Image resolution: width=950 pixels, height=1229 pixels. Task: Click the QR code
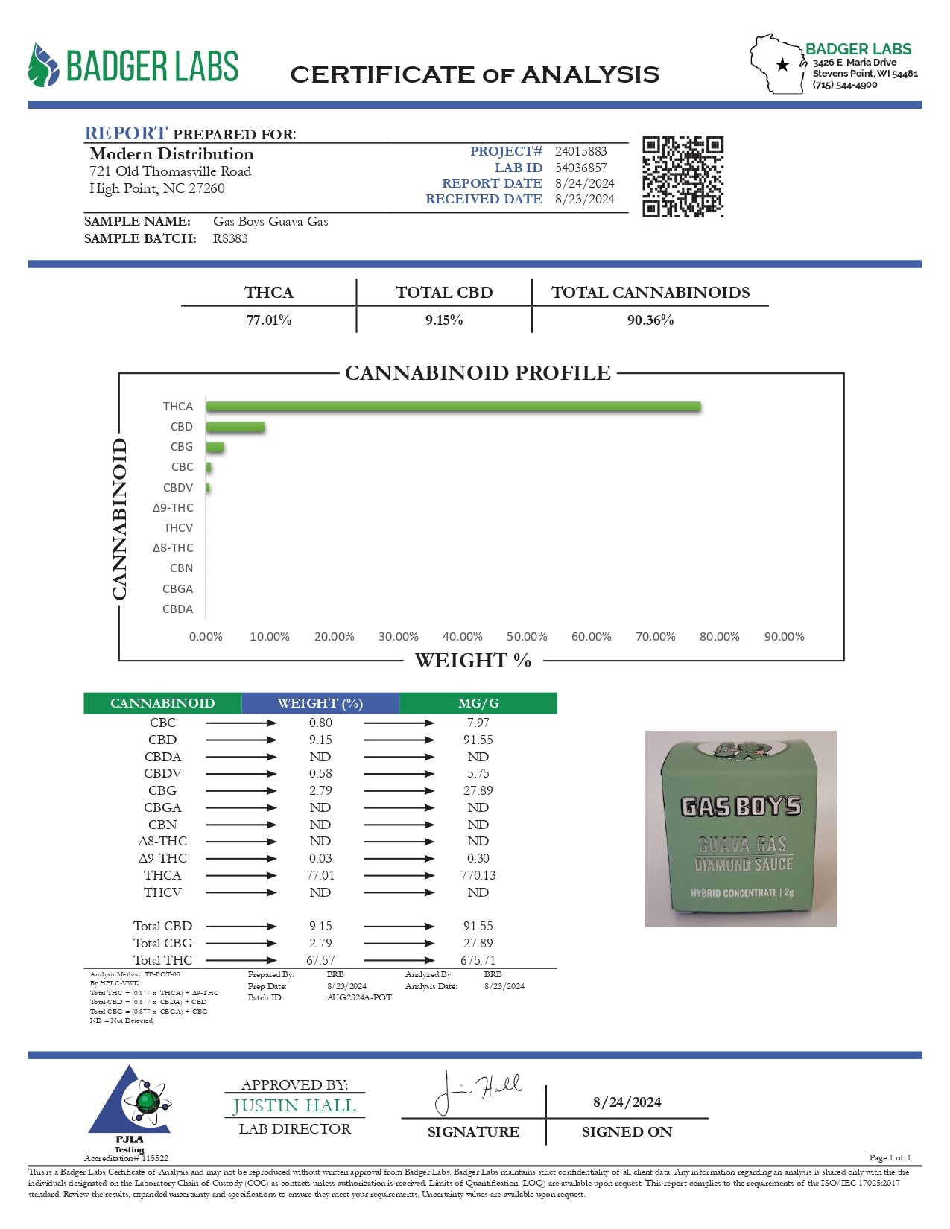click(x=683, y=177)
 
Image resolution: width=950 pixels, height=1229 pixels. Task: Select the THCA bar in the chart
click(x=453, y=407)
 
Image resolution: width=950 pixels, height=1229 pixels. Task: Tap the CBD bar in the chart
click(x=235, y=427)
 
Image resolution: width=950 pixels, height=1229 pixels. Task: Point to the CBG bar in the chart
click(x=215, y=447)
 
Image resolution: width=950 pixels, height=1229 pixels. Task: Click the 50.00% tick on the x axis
click(x=527, y=637)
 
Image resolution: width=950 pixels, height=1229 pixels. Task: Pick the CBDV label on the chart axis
click(x=178, y=488)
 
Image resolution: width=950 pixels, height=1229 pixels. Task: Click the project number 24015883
click(x=580, y=151)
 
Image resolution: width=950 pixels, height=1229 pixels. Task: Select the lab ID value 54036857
click(x=580, y=168)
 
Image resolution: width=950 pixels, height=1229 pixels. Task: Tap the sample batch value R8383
click(x=230, y=238)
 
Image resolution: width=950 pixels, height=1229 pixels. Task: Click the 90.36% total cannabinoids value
click(x=650, y=320)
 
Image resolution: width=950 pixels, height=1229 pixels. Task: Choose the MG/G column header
click(x=478, y=703)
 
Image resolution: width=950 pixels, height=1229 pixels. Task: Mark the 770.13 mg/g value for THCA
click(x=478, y=875)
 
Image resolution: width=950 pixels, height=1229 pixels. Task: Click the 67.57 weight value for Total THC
click(x=320, y=960)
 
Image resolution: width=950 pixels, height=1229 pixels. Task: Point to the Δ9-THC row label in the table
click(x=162, y=858)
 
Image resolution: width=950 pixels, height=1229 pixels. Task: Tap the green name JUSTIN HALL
click(x=295, y=1106)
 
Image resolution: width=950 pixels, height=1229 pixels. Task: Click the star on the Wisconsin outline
click(x=782, y=65)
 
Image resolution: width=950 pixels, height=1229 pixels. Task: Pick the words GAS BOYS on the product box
click(x=741, y=807)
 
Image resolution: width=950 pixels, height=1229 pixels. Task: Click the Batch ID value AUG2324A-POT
click(x=359, y=997)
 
